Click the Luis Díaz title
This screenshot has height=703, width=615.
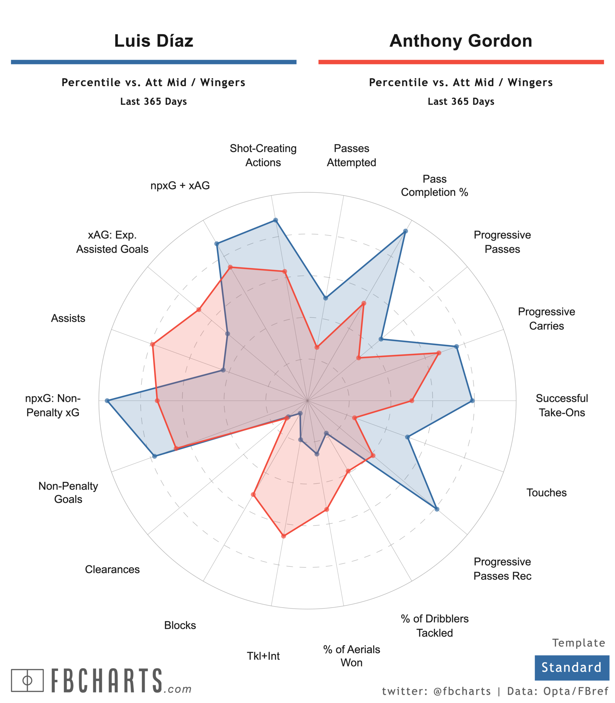[x=153, y=41]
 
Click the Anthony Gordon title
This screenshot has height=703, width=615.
[x=461, y=41]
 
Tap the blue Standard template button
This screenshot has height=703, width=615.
[x=571, y=667]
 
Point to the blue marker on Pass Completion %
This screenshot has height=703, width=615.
[x=405, y=231]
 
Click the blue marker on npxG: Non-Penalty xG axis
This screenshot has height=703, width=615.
[x=107, y=401]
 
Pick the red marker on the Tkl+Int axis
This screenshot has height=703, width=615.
[x=283, y=536]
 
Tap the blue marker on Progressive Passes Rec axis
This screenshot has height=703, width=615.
[x=437, y=509]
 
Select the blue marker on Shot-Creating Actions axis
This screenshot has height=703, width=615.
[x=275, y=220]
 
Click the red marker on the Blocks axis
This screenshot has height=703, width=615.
[x=253, y=495]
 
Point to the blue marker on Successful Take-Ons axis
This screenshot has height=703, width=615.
[x=472, y=401]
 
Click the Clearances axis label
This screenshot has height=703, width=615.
[x=112, y=569]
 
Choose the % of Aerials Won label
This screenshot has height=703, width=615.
[x=351, y=656]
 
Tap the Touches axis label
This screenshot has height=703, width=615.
[x=546, y=492]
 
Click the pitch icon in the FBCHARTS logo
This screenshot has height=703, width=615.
[x=27, y=680]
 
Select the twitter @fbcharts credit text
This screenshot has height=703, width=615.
[x=436, y=691]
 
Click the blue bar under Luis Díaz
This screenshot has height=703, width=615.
[x=153, y=62]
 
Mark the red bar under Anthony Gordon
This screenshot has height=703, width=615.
[x=461, y=62]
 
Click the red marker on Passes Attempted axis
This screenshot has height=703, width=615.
[x=317, y=347]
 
